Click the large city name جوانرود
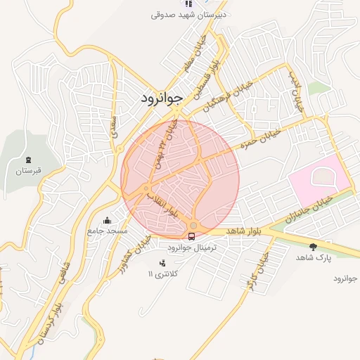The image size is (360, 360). click(162, 98)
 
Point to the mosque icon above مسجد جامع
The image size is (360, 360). click(107, 220)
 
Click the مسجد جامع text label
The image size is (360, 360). click(108, 231)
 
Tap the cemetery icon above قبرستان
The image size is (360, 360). click(28, 160)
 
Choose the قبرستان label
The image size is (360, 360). click(29, 171)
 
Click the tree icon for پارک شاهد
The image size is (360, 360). click(312, 247)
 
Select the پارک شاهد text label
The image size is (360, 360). click(313, 258)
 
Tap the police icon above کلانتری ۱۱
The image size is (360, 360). click(164, 263)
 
